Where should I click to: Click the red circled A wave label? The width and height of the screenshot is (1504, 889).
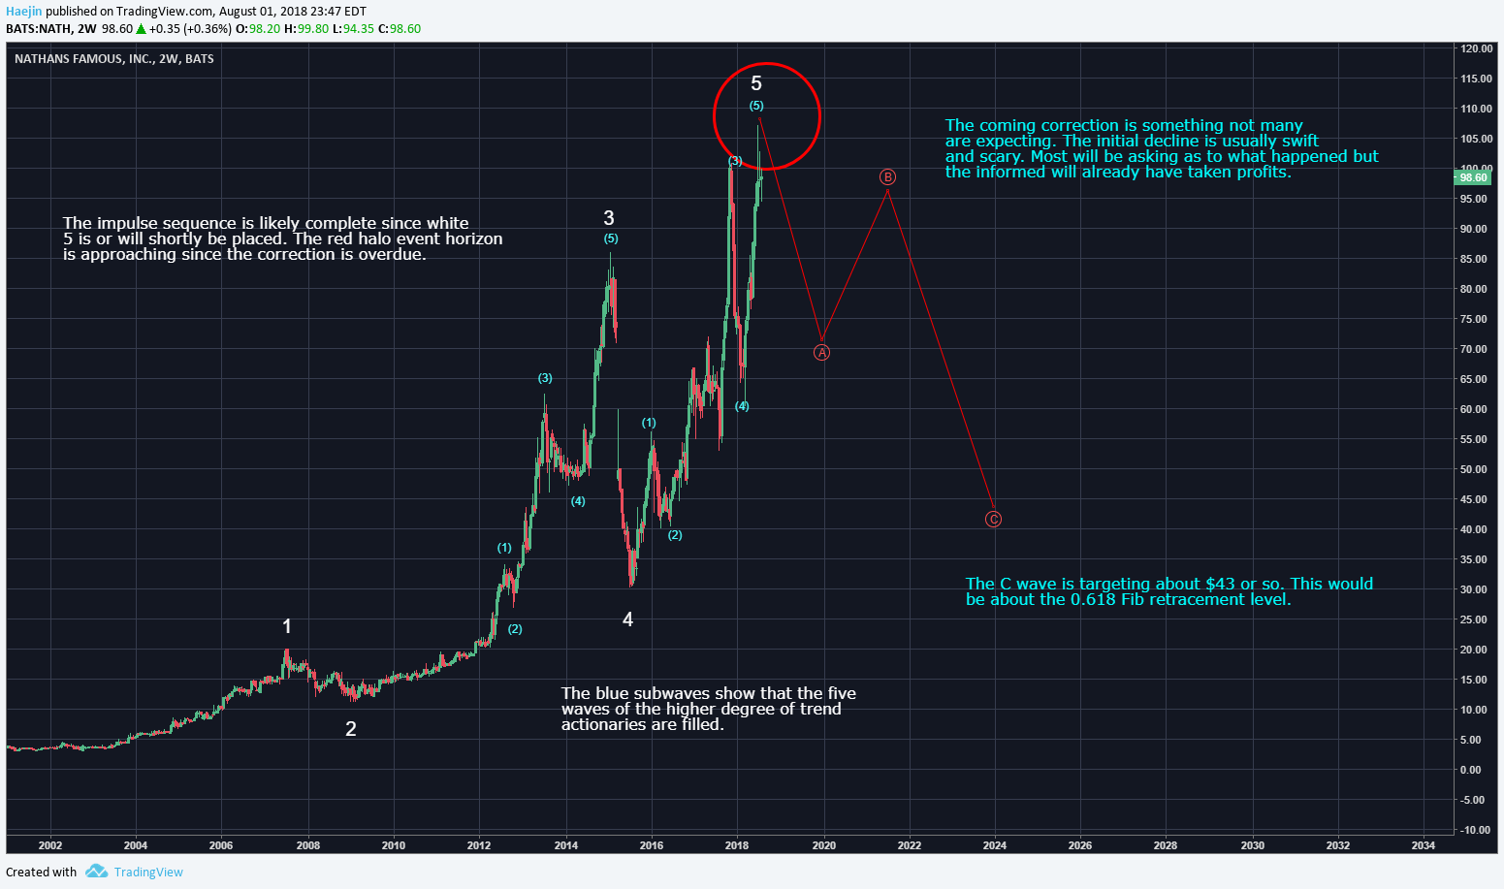821,353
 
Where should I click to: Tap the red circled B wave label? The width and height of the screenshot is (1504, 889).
887,177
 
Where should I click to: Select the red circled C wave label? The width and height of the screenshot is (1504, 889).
993,520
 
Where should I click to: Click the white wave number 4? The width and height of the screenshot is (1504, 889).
628,619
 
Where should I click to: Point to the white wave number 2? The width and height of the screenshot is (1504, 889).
351,729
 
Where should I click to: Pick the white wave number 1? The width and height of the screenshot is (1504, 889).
287,626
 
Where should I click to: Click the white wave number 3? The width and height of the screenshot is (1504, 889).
609,218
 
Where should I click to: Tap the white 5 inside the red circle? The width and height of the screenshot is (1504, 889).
756,84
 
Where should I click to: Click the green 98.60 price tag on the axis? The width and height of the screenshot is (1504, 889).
1473,177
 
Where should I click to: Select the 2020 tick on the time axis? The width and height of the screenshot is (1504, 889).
824,845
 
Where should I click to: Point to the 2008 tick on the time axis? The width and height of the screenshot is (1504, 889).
308,845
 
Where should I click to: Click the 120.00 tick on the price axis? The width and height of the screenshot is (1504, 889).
1477,48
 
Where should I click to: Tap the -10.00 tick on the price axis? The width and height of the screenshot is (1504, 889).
1476,830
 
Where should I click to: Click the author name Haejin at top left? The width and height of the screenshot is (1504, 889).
24,11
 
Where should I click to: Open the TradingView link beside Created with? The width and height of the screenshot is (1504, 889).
147,872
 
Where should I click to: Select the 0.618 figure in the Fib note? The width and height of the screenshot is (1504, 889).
1094,599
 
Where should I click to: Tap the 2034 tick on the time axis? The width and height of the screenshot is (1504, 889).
1424,845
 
